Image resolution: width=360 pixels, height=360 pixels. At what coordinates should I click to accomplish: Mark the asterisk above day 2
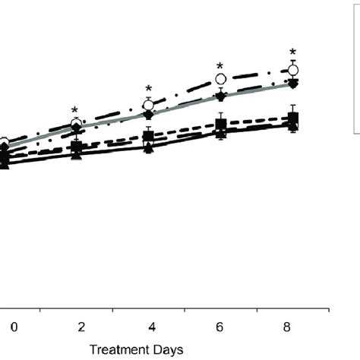(x=75, y=110)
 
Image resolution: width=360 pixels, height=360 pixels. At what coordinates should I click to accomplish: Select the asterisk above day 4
(x=149, y=90)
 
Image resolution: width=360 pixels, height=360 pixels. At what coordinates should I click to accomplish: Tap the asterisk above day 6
(x=220, y=67)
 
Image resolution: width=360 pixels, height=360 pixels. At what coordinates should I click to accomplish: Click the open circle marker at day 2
(x=76, y=123)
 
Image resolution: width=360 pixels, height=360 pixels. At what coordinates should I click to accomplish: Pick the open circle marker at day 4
(x=149, y=104)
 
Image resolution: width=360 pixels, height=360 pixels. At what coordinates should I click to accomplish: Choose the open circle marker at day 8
(x=293, y=71)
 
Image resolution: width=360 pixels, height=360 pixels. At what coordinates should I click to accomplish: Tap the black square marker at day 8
(x=293, y=118)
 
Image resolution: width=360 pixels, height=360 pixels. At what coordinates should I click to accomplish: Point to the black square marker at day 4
(x=149, y=137)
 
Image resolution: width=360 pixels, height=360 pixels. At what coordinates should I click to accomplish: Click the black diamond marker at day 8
(x=293, y=82)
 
